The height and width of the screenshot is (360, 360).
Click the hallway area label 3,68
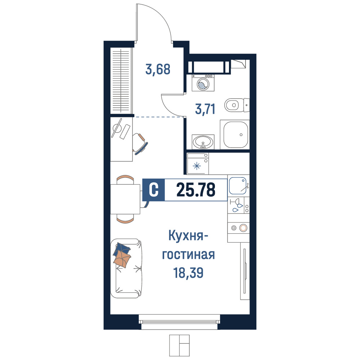point(158,69)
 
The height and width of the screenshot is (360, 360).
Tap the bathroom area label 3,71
point(205,109)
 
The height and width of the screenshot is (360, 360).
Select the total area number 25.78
point(196,190)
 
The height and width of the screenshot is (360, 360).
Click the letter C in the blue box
point(154,190)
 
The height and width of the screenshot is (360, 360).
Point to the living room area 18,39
point(188,273)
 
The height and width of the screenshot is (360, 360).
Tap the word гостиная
point(189,255)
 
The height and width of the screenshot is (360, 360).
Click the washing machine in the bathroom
point(203,83)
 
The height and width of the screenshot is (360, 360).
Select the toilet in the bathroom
point(237,105)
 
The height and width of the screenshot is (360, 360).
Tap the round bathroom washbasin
point(203,141)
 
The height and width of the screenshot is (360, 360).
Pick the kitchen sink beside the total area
point(238,186)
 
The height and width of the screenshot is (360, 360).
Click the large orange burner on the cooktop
point(243,228)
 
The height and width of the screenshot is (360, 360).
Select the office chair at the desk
point(140,144)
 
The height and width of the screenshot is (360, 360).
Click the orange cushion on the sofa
point(122,259)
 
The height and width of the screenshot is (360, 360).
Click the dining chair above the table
point(125,179)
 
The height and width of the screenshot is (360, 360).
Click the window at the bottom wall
point(179,322)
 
